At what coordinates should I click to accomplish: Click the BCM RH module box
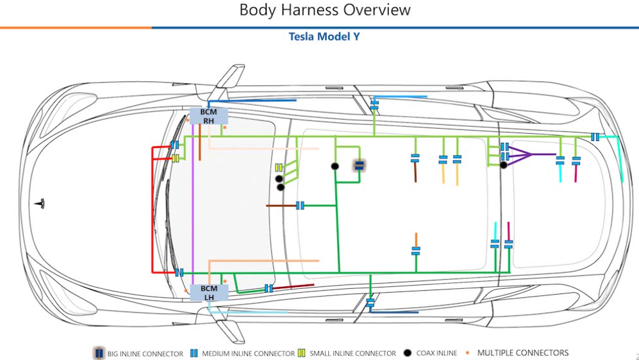[x=209, y=116]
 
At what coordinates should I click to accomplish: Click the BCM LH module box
[x=209, y=293]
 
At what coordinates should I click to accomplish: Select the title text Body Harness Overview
[x=325, y=10]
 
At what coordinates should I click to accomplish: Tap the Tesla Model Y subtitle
[x=324, y=37]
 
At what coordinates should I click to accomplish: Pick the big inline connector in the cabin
[x=360, y=165]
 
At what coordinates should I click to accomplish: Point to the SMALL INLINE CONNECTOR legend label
[x=353, y=353]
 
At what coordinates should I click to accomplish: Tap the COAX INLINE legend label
[x=437, y=353]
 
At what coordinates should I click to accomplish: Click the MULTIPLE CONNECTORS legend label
[x=522, y=352]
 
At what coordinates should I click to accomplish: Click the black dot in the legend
[x=408, y=353]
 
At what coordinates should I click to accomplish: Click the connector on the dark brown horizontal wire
[x=300, y=206]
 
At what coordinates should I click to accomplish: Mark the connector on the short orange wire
[x=416, y=250]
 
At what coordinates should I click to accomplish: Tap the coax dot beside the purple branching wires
[x=504, y=165]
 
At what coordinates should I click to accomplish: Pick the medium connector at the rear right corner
[x=595, y=137]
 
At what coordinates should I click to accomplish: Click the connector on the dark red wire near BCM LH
[x=269, y=288]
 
